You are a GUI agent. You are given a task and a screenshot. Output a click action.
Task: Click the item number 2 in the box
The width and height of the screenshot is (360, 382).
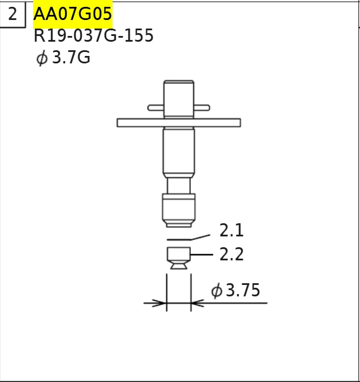[x=13, y=14]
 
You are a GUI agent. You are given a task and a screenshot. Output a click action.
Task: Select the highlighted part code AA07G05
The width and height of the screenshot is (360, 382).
[x=73, y=13]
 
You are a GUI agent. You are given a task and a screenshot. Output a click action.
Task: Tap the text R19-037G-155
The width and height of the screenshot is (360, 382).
[x=93, y=36]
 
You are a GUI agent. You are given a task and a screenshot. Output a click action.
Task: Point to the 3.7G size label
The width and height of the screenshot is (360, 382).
[x=71, y=58]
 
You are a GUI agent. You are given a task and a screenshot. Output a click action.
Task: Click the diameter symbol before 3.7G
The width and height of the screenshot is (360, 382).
[x=42, y=58]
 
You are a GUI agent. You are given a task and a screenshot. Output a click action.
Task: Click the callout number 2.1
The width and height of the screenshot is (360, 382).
[x=231, y=231]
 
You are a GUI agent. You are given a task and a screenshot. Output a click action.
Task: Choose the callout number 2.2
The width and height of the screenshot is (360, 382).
[x=231, y=254]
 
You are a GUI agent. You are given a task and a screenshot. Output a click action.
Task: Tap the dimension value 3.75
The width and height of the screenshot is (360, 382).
[x=243, y=291]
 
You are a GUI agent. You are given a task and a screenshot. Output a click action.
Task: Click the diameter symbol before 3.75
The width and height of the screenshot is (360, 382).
[x=217, y=291]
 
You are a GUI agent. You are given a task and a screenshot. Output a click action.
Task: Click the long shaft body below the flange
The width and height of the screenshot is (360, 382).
[x=179, y=151]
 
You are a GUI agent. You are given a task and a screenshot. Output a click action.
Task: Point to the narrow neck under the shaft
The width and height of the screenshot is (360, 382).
[x=179, y=186]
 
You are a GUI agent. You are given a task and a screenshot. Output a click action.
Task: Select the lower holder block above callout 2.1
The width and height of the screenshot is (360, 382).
[x=179, y=209]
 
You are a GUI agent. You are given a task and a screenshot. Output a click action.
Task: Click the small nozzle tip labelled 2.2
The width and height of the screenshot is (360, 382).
[x=179, y=256]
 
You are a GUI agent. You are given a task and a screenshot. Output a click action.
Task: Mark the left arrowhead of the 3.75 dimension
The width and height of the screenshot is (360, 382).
[x=159, y=303]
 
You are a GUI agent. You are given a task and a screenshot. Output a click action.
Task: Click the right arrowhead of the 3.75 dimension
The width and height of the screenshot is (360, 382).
[x=198, y=303]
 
